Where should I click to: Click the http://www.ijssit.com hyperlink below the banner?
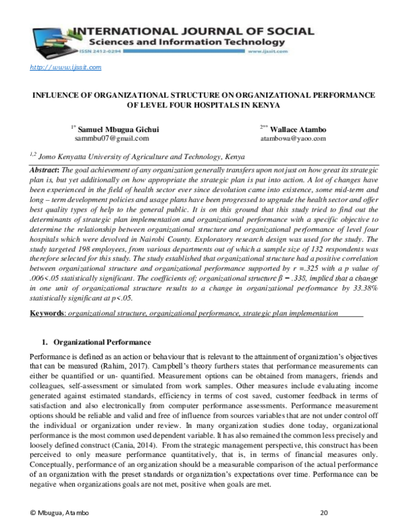[66, 67]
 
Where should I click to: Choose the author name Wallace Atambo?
[296, 129]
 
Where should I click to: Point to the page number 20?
[323, 513]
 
